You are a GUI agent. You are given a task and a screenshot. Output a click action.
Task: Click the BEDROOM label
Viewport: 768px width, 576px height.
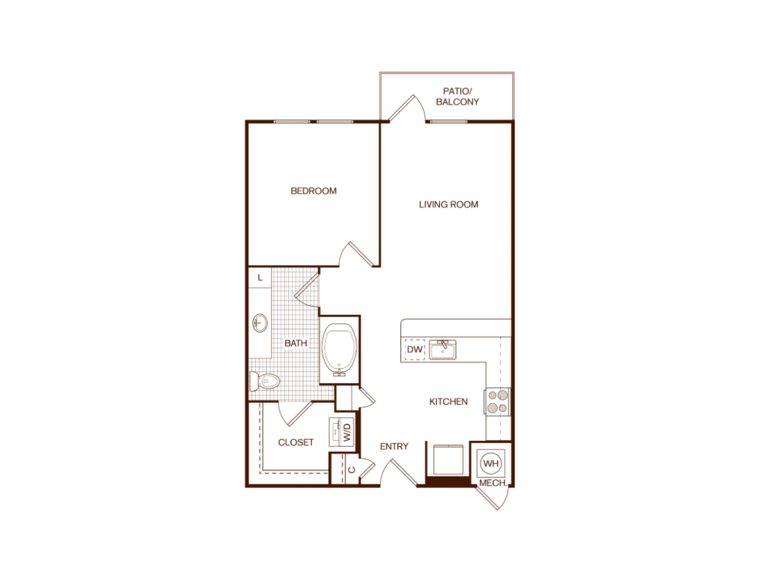314,191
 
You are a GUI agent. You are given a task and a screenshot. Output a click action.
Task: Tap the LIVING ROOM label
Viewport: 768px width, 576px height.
448,205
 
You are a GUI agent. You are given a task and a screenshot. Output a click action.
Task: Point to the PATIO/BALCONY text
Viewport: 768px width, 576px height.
458,96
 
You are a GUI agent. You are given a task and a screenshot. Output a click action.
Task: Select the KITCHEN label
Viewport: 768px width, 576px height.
448,401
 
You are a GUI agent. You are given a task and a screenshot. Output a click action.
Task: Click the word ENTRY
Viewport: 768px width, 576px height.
394,446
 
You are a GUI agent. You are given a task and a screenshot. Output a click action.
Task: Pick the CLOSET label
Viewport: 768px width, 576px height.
296,442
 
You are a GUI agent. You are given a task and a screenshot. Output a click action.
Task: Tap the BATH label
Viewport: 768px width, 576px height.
296,344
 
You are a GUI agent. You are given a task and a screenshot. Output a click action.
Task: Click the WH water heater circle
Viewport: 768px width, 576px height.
491,463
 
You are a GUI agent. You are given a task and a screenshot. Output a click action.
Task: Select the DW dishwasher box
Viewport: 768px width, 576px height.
415,350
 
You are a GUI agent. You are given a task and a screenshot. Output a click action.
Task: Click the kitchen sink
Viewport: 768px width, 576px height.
443,350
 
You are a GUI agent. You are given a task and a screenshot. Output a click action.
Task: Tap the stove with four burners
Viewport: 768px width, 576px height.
498,401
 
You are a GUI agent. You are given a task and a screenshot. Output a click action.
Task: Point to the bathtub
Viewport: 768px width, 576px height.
339,350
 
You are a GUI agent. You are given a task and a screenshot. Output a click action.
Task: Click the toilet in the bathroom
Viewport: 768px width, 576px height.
265,381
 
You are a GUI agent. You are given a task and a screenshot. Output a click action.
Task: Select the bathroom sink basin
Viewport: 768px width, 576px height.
259,323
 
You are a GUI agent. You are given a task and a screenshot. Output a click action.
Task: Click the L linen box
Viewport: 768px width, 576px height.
260,278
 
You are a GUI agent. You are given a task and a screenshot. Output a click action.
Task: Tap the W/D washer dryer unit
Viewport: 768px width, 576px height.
341,432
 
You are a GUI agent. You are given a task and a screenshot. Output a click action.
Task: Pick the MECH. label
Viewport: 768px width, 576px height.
493,483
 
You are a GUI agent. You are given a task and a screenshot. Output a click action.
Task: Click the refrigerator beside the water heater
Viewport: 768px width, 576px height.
448,459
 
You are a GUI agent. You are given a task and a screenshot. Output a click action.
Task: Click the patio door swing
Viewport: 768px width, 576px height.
406,107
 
